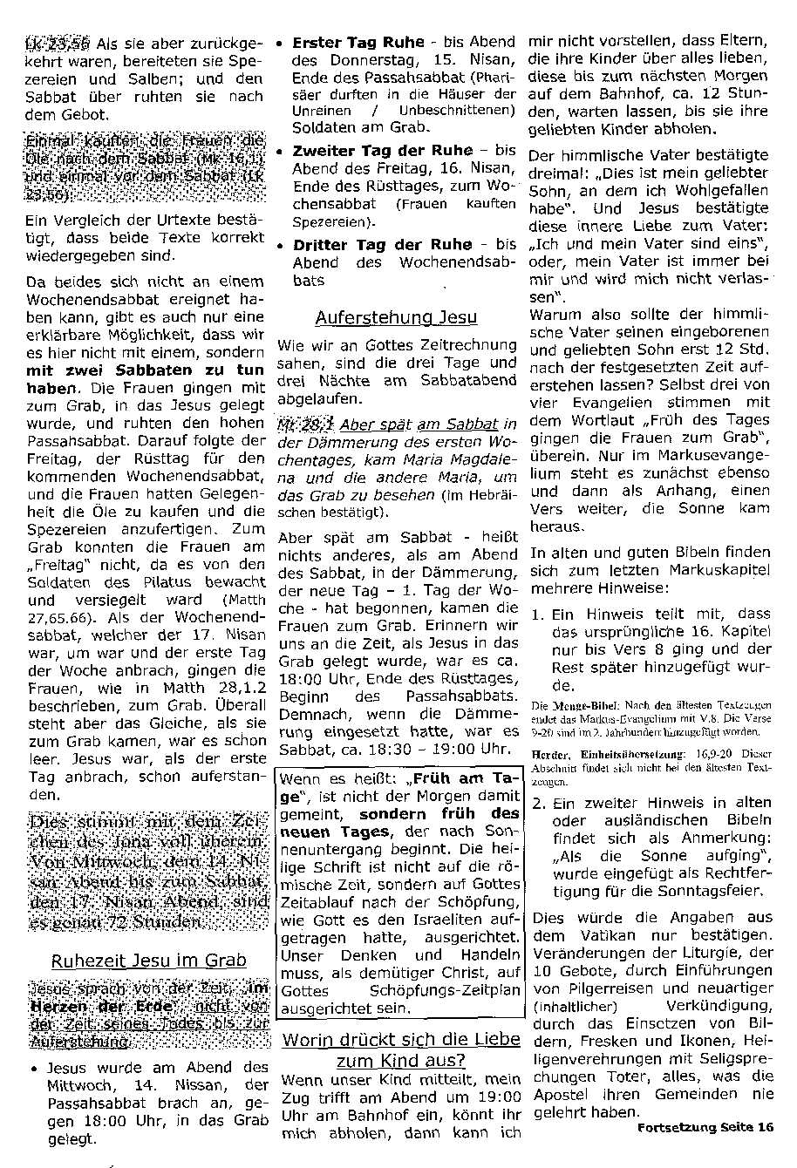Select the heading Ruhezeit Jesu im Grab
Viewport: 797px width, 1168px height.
[x=148, y=961]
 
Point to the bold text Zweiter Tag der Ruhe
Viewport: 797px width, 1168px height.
[x=383, y=150]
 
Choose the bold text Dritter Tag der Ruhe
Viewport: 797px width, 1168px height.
[x=382, y=245]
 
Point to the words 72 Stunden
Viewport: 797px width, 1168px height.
[x=166, y=921]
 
